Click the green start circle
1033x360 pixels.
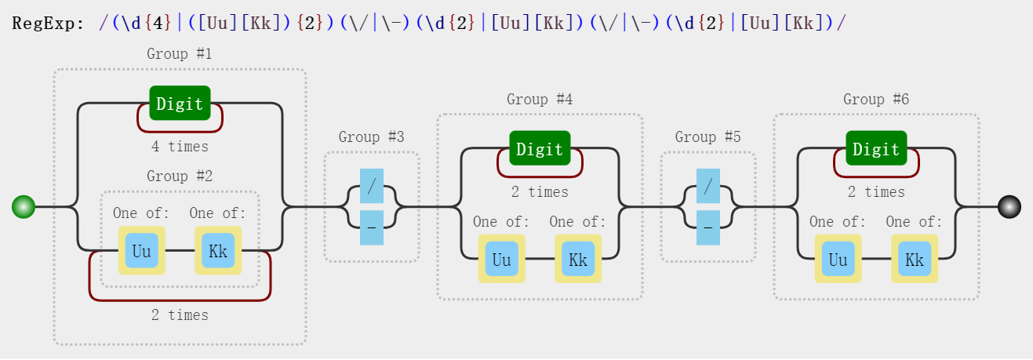tap(24, 206)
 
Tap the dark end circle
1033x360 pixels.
tap(1009, 206)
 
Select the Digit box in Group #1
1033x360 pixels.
tap(180, 104)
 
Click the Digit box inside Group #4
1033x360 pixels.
tap(540, 148)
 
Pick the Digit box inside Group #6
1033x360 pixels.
tap(876, 148)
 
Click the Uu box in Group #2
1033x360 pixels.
tap(141, 251)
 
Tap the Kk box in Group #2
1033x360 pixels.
tap(218, 251)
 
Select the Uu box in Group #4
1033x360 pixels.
tap(502, 259)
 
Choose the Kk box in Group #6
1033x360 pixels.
tap(915, 259)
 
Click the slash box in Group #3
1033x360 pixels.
tap(372, 186)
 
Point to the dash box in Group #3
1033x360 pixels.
tap(372, 227)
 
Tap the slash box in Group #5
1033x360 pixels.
tap(708, 186)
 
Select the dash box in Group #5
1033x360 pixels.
tap(708, 227)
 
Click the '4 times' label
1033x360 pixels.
tap(180, 147)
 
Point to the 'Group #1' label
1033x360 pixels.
tap(180, 53)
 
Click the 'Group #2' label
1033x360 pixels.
tap(180, 176)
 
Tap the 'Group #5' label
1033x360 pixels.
tap(707, 136)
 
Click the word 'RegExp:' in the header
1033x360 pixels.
tap(48, 23)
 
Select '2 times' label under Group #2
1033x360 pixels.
tap(180, 315)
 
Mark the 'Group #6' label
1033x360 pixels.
tap(876, 99)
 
